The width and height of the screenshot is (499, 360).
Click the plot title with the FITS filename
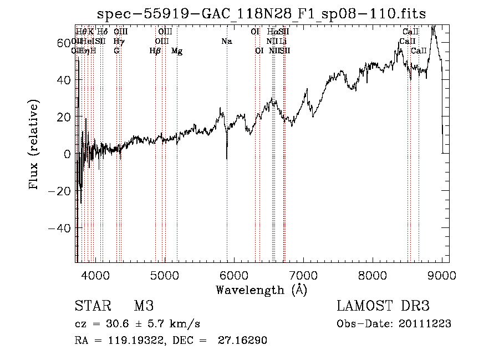pos(261,14)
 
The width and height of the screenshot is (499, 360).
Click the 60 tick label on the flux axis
pos(64,43)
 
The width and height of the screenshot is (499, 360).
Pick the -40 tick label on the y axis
pos(60,228)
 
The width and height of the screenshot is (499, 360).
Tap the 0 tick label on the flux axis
pos(67,154)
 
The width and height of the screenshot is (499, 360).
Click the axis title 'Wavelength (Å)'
pos(261,290)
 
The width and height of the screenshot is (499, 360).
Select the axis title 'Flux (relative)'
pos(34,145)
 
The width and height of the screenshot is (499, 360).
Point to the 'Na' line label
pos(226,41)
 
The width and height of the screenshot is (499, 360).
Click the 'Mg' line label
pos(177,51)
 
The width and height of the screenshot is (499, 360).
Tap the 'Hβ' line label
pos(155,51)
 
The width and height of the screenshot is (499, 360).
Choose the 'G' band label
pos(116,51)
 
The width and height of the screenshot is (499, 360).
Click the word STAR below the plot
pos(91,306)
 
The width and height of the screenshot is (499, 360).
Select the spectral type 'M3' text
pos(144,306)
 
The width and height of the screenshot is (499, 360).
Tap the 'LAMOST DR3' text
pos(383,306)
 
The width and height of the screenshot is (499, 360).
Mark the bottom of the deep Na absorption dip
pos(227,159)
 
